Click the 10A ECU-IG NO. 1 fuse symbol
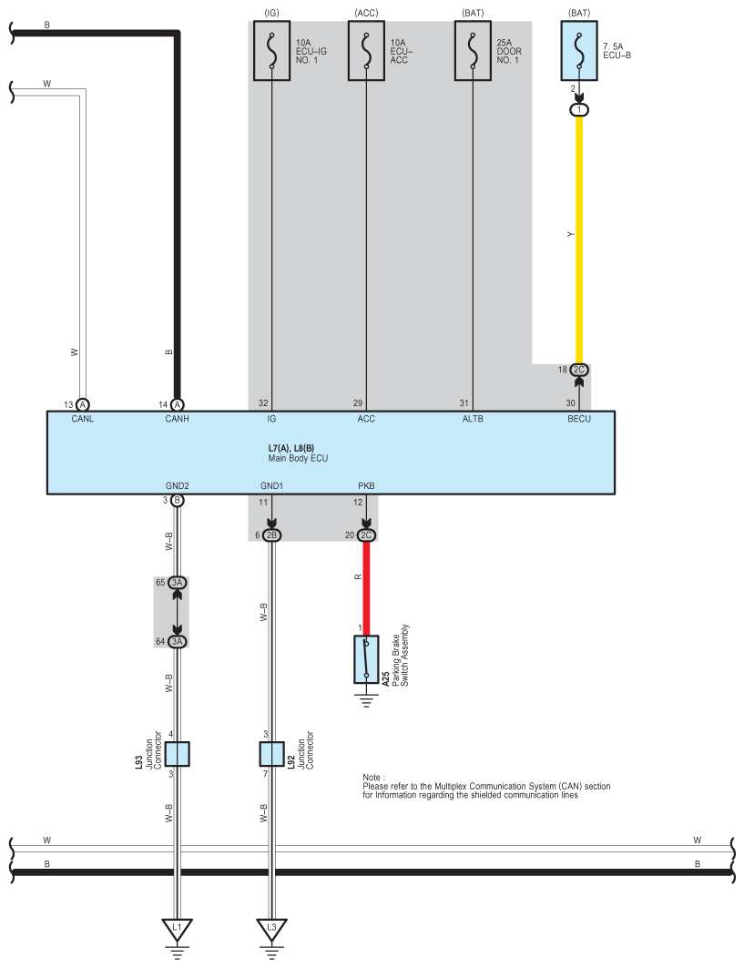tap(271, 51)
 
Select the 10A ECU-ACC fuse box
tap(366, 51)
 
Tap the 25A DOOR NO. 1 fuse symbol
tap(473, 51)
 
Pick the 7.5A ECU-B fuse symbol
tap(579, 51)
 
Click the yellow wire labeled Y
tap(579, 239)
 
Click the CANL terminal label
tap(82, 419)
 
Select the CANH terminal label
tap(178, 419)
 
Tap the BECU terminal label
tap(579, 419)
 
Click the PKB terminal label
tap(366, 486)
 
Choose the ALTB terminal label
tap(473, 419)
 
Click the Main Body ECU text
tap(298, 458)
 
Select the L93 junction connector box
tap(178, 754)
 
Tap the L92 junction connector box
tap(271, 754)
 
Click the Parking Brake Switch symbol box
tap(366, 659)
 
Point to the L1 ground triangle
tap(178, 928)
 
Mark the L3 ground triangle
tap(271, 928)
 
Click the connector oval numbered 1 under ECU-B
tap(579, 110)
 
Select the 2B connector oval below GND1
tap(271, 535)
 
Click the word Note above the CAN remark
tap(373, 778)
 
